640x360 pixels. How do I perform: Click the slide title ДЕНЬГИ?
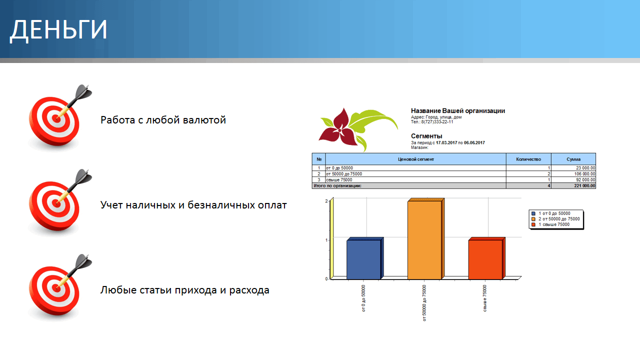coord(58,30)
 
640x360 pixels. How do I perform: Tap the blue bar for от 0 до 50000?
coord(365,258)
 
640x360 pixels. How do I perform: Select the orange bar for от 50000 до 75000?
coord(425,239)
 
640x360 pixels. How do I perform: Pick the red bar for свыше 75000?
coord(487,258)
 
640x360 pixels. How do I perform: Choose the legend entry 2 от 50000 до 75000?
coord(555,219)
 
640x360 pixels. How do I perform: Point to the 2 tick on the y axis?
coord(326,201)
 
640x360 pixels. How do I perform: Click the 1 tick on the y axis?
coord(326,240)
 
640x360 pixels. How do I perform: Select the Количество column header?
coord(528,159)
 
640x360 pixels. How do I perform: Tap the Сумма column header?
coord(573,159)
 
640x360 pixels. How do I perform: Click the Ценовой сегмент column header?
coord(415,159)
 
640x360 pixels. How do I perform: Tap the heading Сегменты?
coord(426,136)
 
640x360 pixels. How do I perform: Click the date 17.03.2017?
coord(446,142)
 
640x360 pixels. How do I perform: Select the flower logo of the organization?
coord(358,129)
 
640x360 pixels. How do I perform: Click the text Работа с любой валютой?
coord(163,120)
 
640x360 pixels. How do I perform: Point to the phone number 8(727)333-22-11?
coord(437,121)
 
